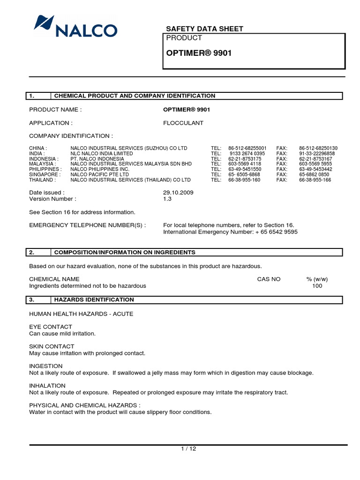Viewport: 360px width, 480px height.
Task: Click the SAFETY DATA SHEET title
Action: pyautogui.click(x=205, y=29)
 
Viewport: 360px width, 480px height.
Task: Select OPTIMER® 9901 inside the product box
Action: pyautogui.click(x=199, y=53)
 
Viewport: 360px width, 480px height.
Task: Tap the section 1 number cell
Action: pyautogui.click(x=38, y=96)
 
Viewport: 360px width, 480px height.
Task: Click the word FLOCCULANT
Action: pyautogui.click(x=183, y=123)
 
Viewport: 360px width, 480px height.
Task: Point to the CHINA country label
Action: pyautogui.click(x=38, y=148)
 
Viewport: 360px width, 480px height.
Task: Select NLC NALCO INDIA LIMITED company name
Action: pyautogui.click(x=101, y=153)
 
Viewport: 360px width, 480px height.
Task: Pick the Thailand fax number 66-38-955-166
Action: pyautogui.click(x=315, y=180)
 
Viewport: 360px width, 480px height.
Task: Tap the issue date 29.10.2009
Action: pyautogui.click(x=178, y=193)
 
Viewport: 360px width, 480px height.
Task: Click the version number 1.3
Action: pyautogui.click(x=167, y=199)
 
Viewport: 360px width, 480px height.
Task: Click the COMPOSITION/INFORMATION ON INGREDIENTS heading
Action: pyautogui.click(x=125, y=252)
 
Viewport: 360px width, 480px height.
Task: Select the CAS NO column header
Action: pyautogui.click(x=269, y=279)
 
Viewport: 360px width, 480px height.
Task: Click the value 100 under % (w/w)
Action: pyautogui.click(x=317, y=285)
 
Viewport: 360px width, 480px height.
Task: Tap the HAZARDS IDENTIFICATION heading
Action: pyautogui.click(x=94, y=300)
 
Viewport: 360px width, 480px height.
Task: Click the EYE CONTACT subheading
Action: pyautogui.click(x=51, y=327)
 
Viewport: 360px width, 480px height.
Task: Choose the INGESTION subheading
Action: pyautogui.click(x=46, y=366)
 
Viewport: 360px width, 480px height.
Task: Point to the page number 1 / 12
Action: pyautogui.click(x=188, y=449)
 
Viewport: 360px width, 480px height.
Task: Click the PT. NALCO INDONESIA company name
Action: pyautogui.click(x=97, y=159)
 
